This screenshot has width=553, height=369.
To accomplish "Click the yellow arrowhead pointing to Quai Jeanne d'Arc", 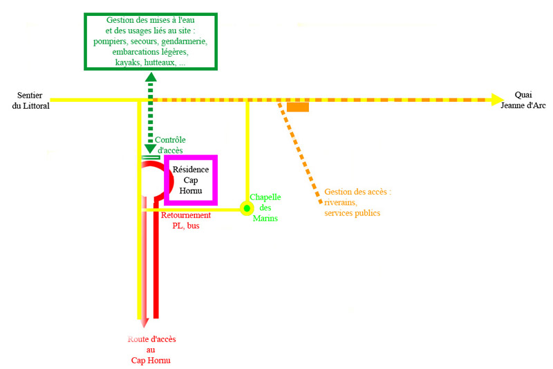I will (497, 100).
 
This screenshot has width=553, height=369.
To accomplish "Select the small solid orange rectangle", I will (298, 107).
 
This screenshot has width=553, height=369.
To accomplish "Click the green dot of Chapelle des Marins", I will (246, 208).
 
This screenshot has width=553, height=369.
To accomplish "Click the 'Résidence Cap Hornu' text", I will (190, 180).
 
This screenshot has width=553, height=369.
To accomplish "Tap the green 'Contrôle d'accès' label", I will (169, 145).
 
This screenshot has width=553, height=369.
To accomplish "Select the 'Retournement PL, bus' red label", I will (185, 220).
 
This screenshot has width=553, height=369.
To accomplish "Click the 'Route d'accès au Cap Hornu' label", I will (151, 349).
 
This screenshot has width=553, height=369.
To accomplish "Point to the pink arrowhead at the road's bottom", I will (142, 323).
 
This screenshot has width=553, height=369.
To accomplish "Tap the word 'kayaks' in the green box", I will (124, 62).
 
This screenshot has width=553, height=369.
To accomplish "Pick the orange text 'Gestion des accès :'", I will (357, 192).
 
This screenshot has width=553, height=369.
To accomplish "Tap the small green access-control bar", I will (150, 158).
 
